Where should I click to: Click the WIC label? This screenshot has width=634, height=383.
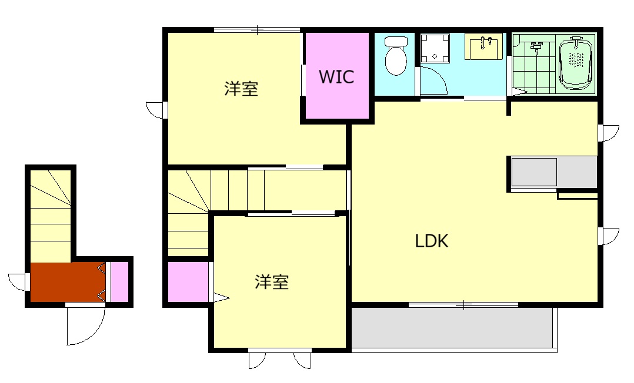tap(336, 77)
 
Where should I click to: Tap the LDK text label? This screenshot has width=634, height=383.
tap(432, 241)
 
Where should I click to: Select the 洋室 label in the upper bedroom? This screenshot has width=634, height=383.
tap(241, 89)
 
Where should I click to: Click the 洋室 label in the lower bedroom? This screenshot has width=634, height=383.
tap(271, 282)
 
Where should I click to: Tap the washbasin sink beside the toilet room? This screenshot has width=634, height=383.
tap(485, 48)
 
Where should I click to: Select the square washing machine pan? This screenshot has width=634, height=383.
tap(435, 48)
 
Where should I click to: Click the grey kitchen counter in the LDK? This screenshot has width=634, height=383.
tap(553, 173)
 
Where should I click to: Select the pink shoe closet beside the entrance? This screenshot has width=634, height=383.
tap(119, 281)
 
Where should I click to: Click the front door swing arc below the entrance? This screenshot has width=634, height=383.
tap(85, 326)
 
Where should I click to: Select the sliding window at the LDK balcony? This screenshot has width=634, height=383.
tap(463, 304)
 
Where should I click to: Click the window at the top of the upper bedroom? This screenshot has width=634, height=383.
tap(257, 29)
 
